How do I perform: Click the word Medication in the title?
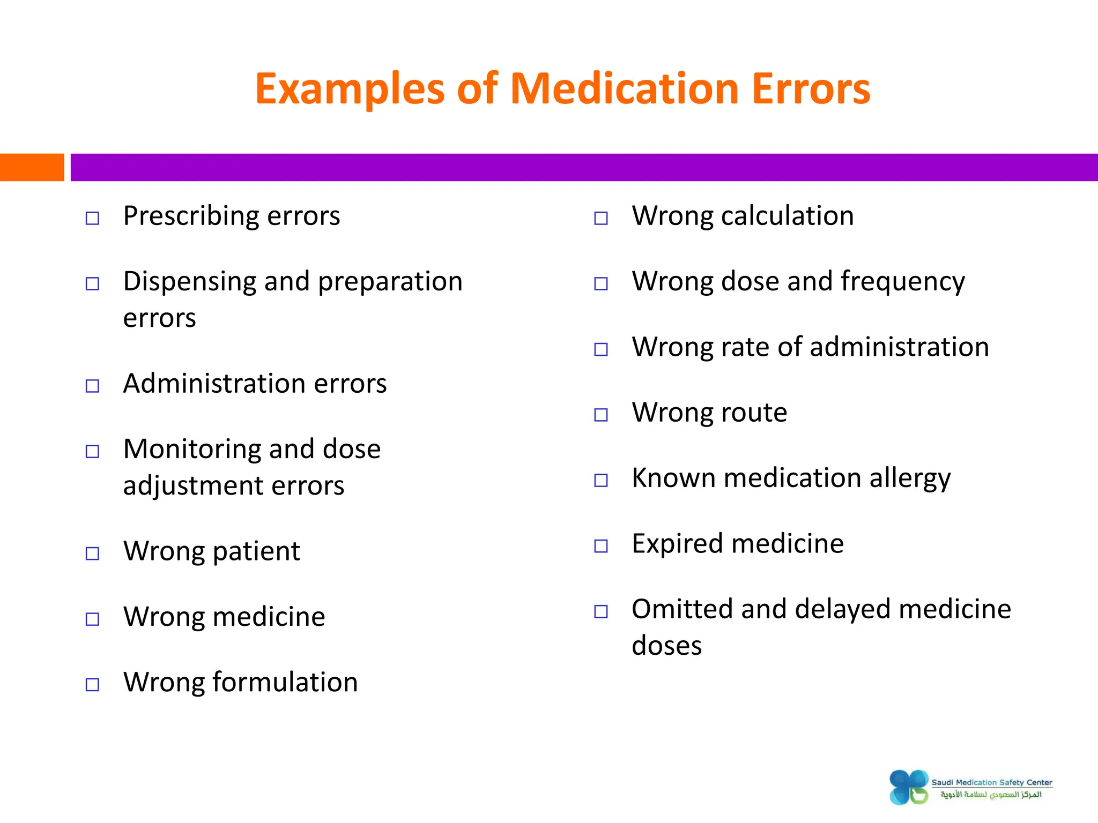[x=625, y=89]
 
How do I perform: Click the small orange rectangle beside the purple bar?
[x=32, y=167]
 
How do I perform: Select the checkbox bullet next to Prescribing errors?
[x=92, y=218]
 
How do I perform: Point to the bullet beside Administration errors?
[x=92, y=386]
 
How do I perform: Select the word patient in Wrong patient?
[x=257, y=552]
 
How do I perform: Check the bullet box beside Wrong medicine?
[x=92, y=619]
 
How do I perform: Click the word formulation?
[x=285, y=683]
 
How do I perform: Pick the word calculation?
[x=787, y=216]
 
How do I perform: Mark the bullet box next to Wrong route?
[x=601, y=415]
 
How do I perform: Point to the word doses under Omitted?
[x=666, y=646]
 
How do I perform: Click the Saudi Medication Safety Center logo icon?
[x=909, y=787]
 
